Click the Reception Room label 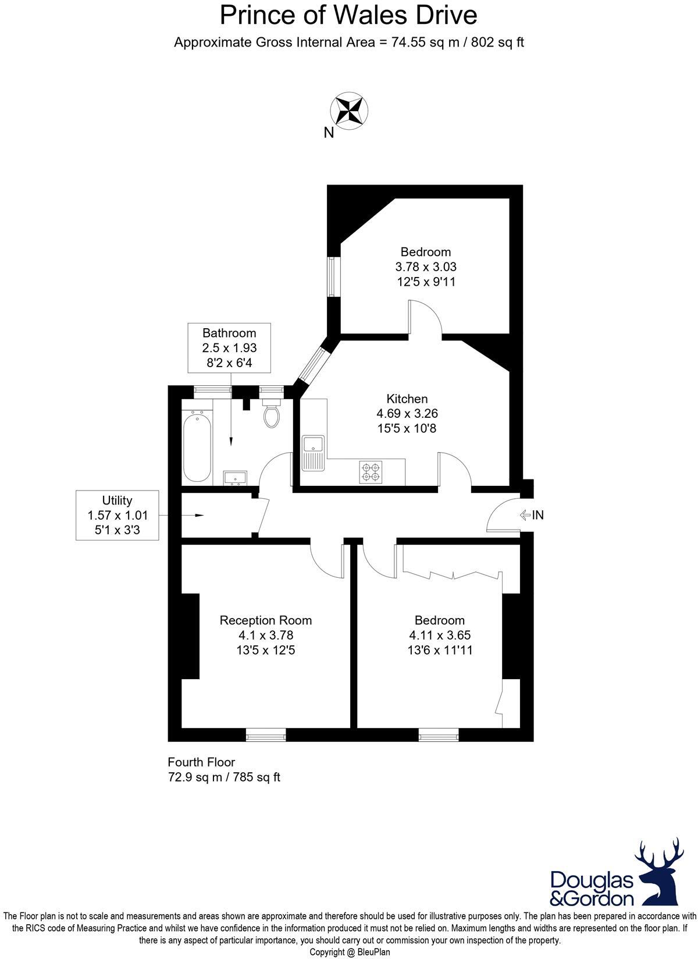pyautogui.click(x=265, y=620)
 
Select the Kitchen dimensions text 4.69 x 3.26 pyautogui.click(x=407, y=414)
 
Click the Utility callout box pyautogui.click(x=117, y=515)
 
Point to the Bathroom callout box pyautogui.click(x=229, y=348)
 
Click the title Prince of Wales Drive pyautogui.click(x=348, y=16)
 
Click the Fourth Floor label pyautogui.click(x=201, y=762)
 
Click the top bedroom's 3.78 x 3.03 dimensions pyautogui.click(x=426, y=267)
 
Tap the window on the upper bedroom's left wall pyautogui.click(x=333, y=278)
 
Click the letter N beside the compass pyautogui.click(x=329, y=133)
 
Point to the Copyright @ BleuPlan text pyautogui.click(x=350, y=953)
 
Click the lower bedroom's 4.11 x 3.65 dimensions pyautogui.click(x=440, y=635)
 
